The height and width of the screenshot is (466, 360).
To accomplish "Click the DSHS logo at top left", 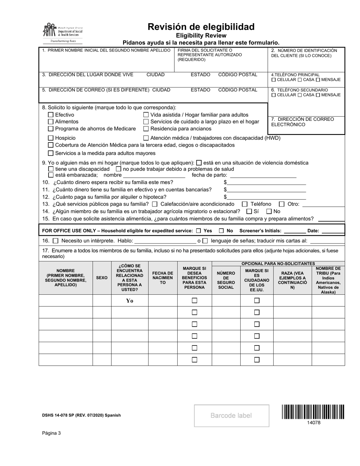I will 62,33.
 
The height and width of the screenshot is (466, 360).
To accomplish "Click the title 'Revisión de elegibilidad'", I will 201,27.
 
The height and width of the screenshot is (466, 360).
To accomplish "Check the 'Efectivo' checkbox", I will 51,115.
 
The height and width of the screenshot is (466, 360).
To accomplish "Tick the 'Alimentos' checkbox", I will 51,122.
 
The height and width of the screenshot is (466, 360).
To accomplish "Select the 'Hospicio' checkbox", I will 51,138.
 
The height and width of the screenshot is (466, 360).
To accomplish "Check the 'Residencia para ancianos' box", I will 146,128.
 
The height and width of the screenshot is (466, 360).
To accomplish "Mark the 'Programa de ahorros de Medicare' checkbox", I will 51,128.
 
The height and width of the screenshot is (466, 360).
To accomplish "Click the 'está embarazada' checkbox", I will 51,175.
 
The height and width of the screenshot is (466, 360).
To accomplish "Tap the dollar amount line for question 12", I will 266,197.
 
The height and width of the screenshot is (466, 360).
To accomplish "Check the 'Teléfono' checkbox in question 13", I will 244,204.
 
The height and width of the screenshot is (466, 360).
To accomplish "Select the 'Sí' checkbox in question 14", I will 249,211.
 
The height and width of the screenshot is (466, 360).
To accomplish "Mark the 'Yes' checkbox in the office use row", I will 199,231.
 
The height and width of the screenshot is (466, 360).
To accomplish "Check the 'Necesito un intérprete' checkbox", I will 55,240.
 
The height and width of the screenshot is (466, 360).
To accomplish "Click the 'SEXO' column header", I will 102,278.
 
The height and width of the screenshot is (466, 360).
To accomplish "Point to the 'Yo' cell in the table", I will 130,300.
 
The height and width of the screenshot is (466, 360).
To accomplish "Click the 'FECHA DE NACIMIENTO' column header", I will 163,278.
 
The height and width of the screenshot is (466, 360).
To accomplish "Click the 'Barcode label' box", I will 231,416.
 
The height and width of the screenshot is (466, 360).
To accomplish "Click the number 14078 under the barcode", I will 313,422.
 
